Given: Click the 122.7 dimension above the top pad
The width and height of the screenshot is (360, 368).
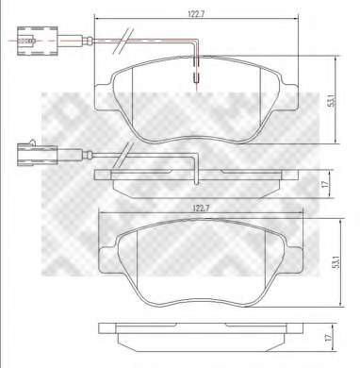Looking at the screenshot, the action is click(194, 13).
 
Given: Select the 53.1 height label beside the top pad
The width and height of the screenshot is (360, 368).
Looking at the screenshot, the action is click(331, 100).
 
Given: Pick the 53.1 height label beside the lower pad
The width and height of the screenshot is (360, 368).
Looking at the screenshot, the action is click(336, 262).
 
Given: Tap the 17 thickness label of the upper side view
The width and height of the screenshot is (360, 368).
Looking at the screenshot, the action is click(325, 184).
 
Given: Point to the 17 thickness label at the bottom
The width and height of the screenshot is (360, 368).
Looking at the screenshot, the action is click(328, 338).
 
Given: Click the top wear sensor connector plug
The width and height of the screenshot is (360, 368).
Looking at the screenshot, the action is click(38, 41).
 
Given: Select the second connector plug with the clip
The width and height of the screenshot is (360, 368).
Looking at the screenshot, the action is click(38, 154).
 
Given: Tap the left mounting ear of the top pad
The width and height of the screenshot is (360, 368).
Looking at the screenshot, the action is click(103, 97).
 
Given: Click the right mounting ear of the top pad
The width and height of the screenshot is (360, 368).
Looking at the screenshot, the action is click(290, 97).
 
